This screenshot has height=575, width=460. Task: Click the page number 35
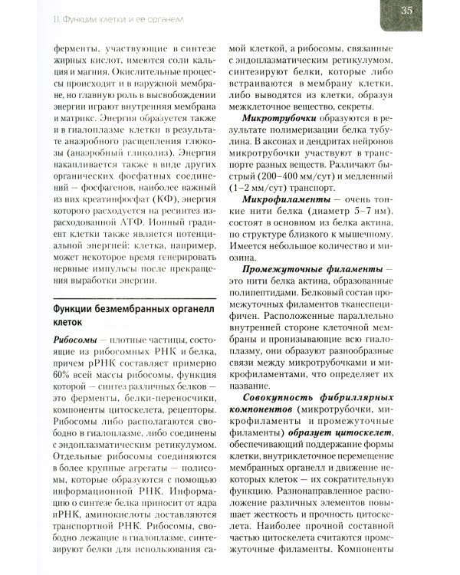click(428, 10)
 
